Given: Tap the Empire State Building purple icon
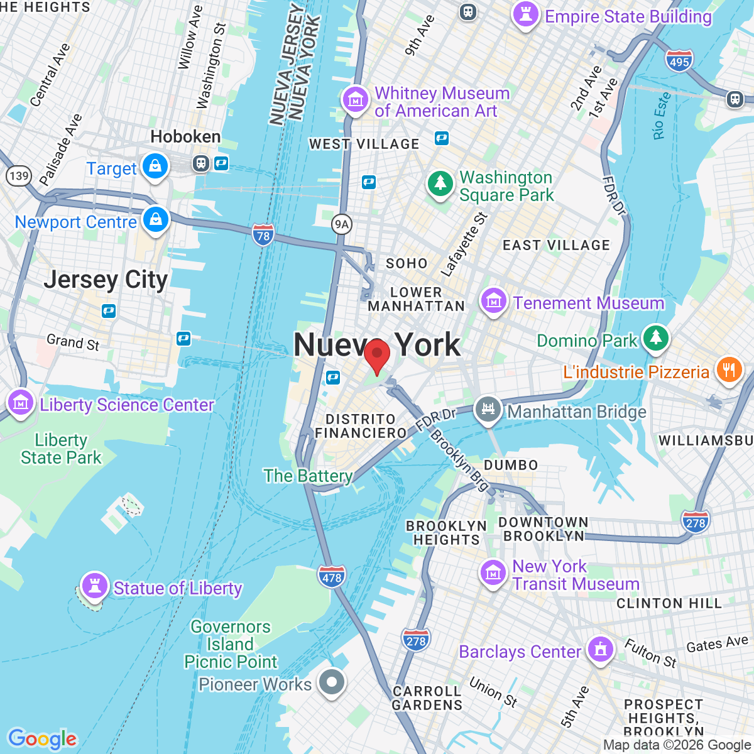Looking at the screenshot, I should (x=526, y=14).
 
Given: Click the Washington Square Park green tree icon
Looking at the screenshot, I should (x=440, y=184).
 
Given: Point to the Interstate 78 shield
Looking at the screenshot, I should (x=263, y=236).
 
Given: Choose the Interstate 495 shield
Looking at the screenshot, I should (x=679, y=61).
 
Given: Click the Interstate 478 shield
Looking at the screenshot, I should (x=332, y=577).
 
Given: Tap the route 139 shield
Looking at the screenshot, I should (x=19, y=175).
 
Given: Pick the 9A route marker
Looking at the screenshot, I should (x=341, y=224).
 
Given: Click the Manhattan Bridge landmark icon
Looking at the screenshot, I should (x=488, y=410).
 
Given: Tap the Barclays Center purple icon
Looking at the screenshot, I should (x=601, y=649).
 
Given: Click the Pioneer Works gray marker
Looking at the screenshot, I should (x=331, y=682).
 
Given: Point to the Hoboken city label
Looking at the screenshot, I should (x=185, y=136).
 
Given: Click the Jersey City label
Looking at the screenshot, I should (x=106, y=280).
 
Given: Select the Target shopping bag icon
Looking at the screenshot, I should (x=155, y=167).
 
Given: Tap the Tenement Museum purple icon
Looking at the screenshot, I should (x=494, y=302).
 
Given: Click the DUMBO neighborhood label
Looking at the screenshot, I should (x=511, y=465).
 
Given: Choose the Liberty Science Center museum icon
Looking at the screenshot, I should (x=20, y=402).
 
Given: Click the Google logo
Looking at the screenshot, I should (x=42, y=739).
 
